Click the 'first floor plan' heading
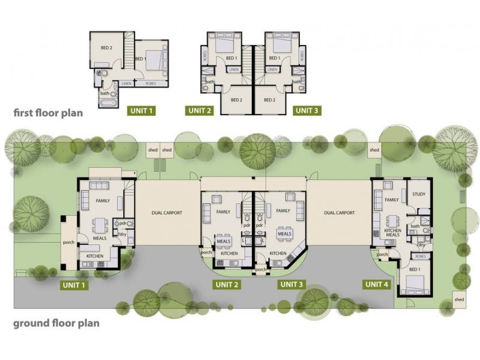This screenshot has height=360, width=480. click(48, 112)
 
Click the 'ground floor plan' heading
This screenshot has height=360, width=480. click(56, 323)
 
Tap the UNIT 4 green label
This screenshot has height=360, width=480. click(376, 284)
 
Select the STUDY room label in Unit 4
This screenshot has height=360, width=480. click(418, 194)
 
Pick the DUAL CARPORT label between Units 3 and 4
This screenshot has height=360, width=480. click(339, 212)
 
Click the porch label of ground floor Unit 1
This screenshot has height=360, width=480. click(68, 243)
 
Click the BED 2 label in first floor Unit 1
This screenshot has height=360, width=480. click(106, 47)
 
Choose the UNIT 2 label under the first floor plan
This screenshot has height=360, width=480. click(200, 110)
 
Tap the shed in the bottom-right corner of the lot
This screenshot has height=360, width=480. click(459, 299)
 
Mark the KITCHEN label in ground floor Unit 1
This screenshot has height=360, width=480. click(95, 256)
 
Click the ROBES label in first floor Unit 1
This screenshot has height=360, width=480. click(151, 84)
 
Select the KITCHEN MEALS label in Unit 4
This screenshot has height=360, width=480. click(392, 231)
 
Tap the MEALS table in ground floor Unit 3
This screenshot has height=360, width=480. click(284, 232)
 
